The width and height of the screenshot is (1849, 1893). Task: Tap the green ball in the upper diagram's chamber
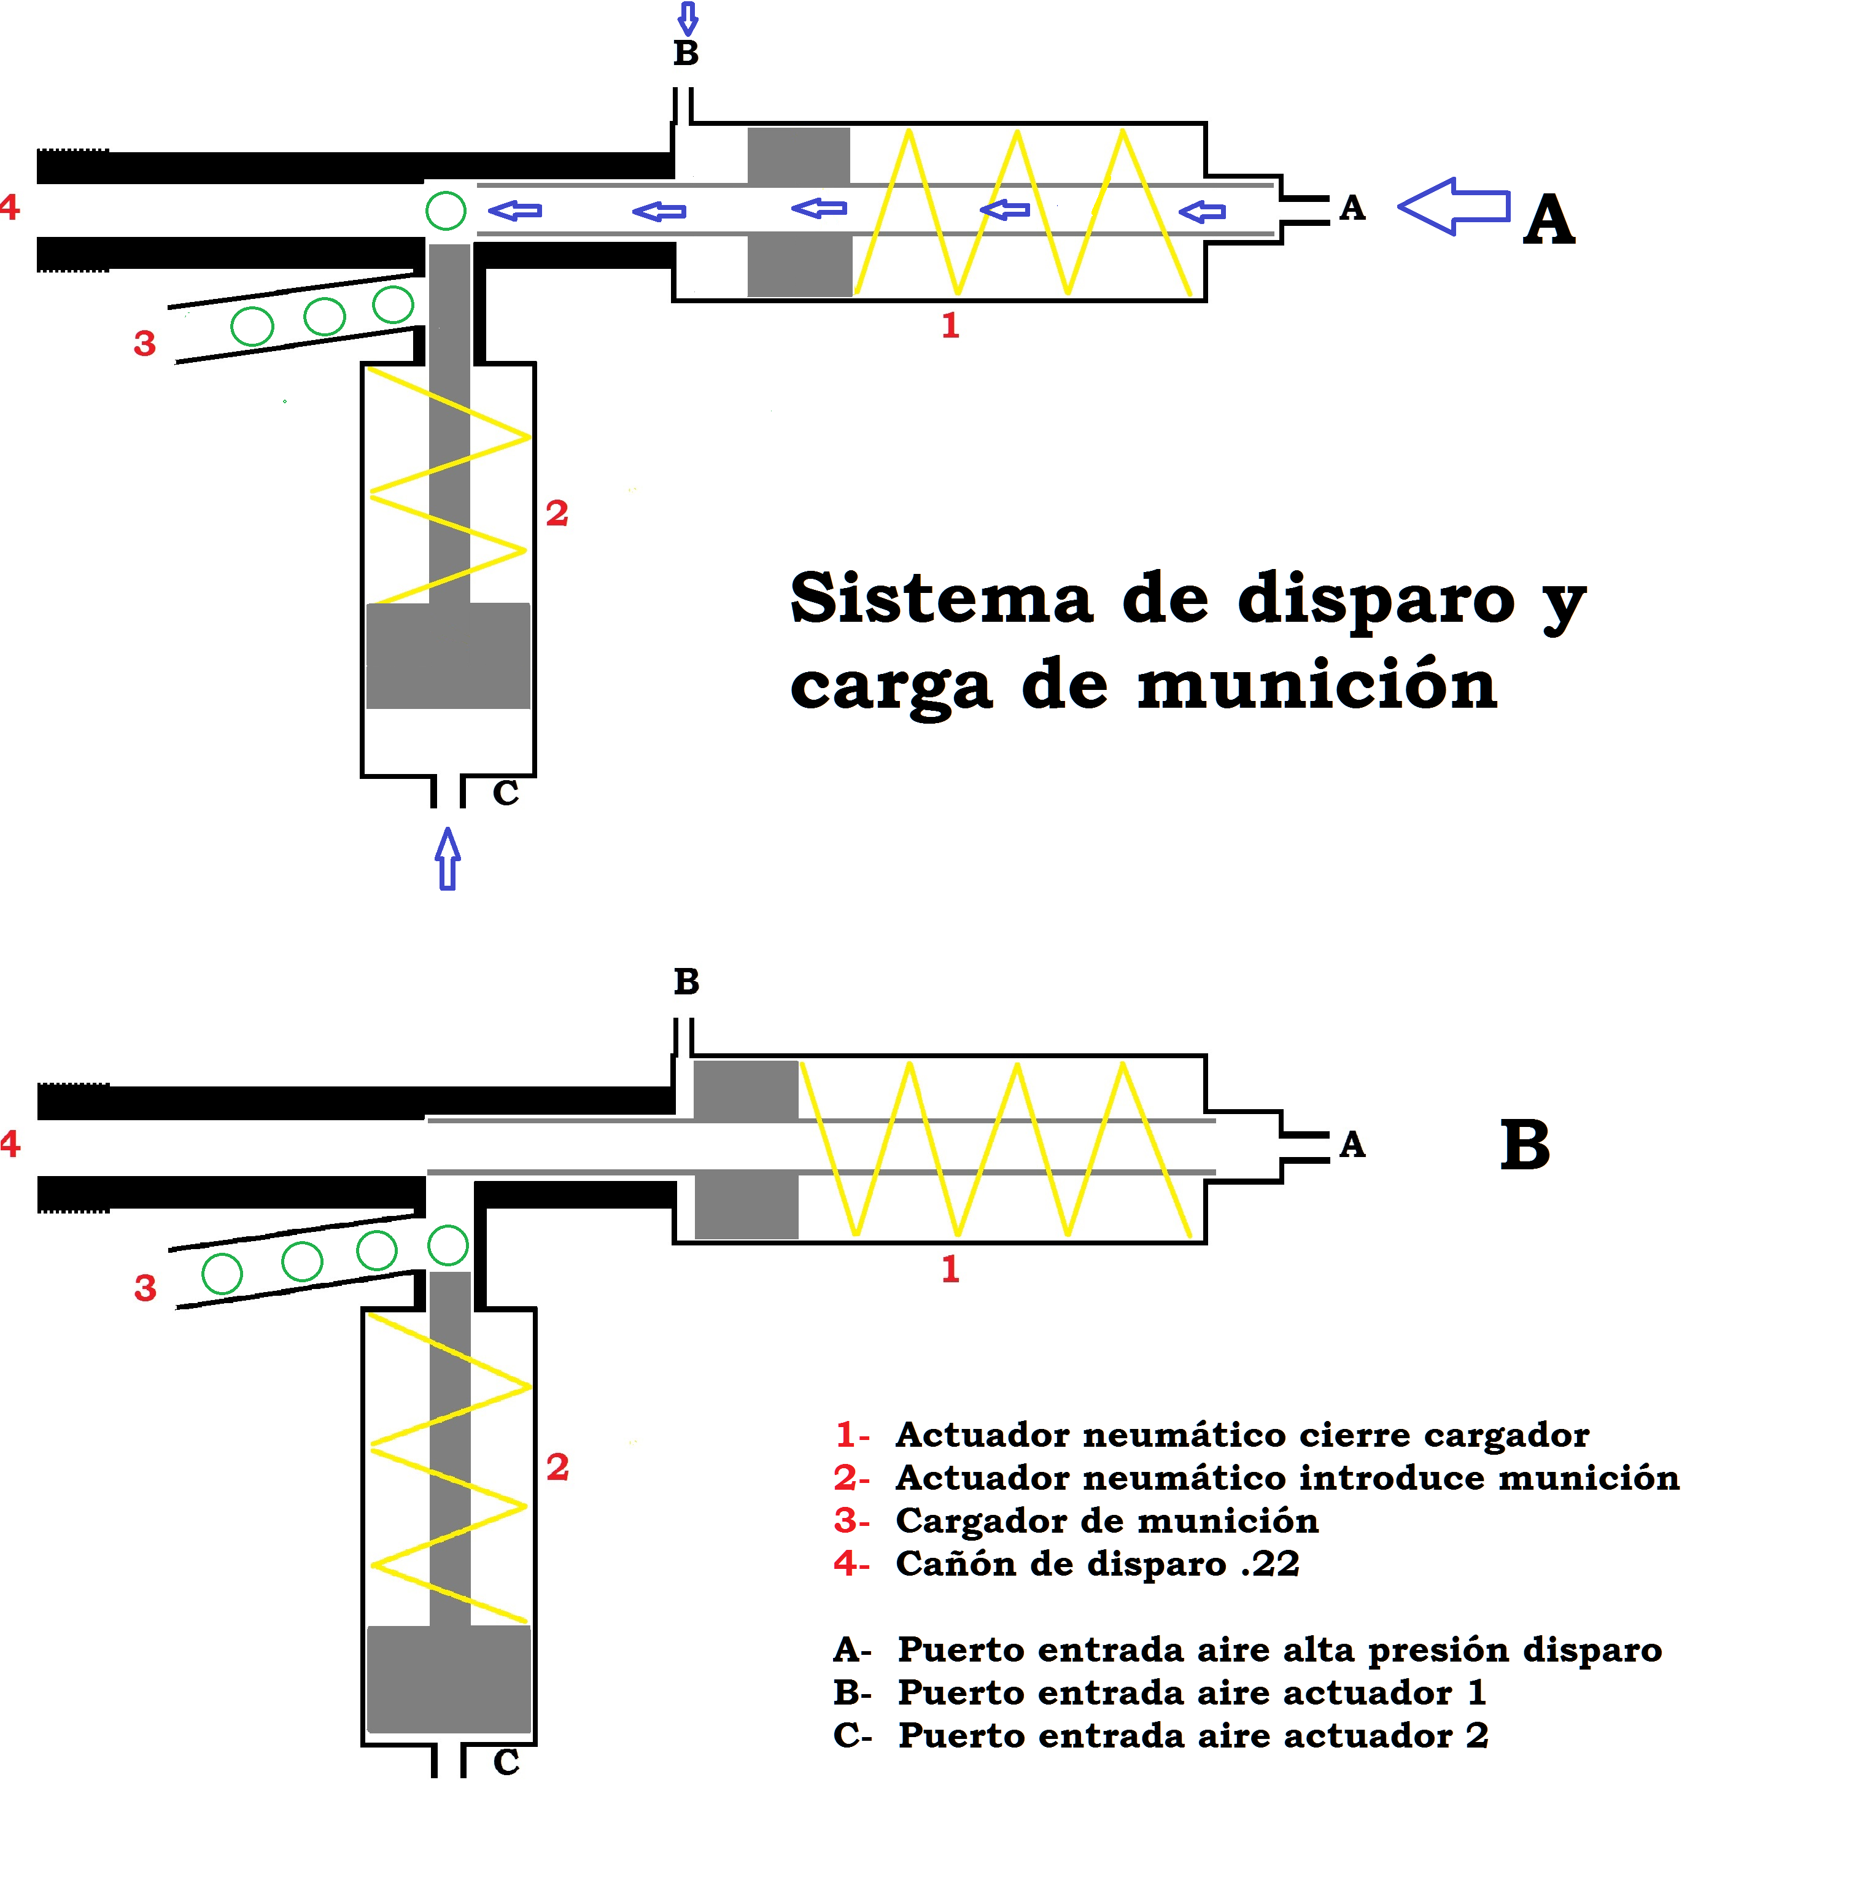tap(446, 210)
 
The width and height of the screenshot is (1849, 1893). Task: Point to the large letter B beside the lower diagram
tap(1525, 1145)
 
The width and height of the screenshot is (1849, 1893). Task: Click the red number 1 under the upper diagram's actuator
tap(950, 325)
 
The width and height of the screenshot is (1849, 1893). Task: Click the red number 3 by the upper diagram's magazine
tap(145, 344)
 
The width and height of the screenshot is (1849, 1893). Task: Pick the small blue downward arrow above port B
tap(688, 17)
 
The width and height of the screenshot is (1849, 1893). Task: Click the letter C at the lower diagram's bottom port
tap(506, 1762)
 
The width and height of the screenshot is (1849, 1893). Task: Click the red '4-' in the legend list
tap(851, 1564)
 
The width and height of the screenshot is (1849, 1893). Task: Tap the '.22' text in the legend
tap(1269, 1564)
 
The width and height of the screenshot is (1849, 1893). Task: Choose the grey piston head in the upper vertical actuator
tap(448, 656)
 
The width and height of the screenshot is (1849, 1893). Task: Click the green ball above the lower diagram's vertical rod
tap(448, 1245)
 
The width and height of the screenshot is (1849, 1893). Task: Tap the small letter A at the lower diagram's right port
tap(1352, 1145)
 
